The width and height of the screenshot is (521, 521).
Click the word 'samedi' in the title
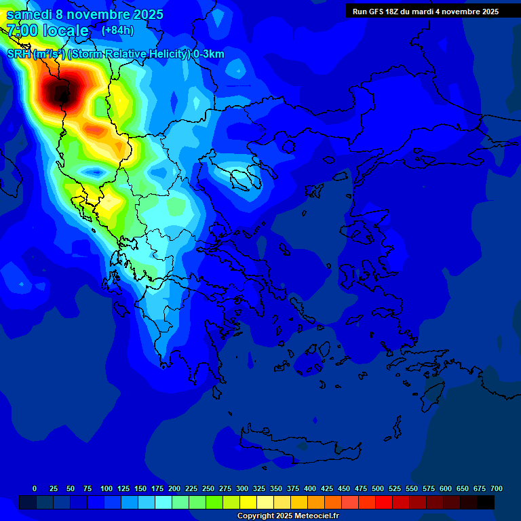point(29,14)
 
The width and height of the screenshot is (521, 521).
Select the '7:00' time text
point(22,31)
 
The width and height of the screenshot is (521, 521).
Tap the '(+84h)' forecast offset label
point(117,31)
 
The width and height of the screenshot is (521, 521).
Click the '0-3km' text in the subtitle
point(208,54)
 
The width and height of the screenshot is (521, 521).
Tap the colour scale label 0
point(35,488)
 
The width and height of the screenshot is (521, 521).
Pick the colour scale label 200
point(174,488)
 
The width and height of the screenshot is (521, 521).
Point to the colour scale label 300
point(242,488)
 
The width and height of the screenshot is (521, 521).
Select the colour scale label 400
point(310,488)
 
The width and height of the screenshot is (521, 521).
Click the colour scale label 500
point(378,488)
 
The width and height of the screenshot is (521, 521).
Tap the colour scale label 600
point(446,488)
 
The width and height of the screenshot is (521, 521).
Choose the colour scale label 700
point(497,488)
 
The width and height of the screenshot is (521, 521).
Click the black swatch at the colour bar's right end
point(486,502)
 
